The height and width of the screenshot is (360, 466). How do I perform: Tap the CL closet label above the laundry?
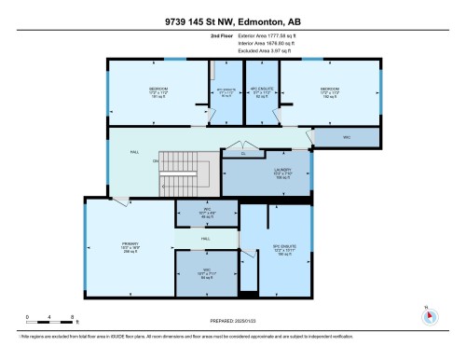click(x=243, y=153)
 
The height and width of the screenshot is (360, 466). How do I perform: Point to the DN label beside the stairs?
click(x=156, y=161)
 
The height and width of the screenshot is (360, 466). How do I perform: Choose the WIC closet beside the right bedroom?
click(x=346, y=137)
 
